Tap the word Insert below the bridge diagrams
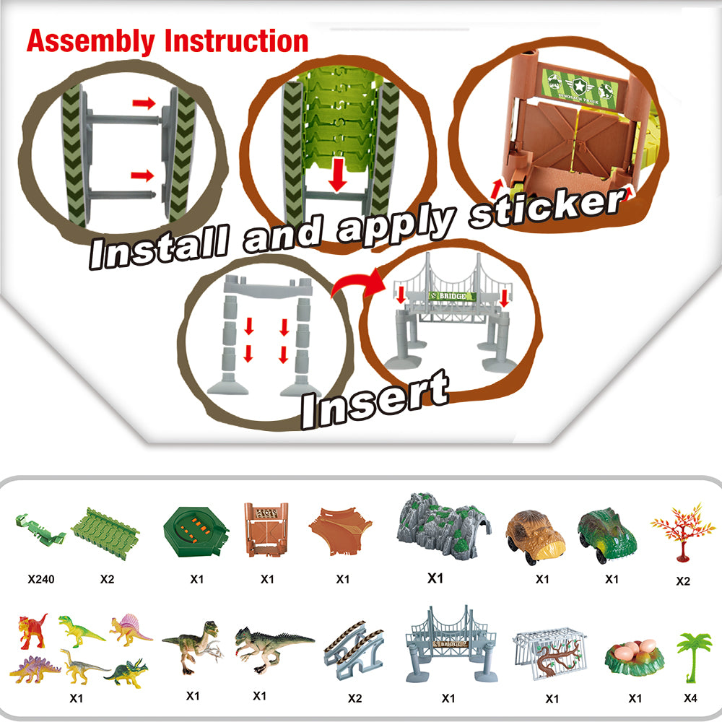(x=374, y=399)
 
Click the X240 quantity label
(x=42, y=579)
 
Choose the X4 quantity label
(x=692, y=698)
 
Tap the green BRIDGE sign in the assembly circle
(x=451, y=295)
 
